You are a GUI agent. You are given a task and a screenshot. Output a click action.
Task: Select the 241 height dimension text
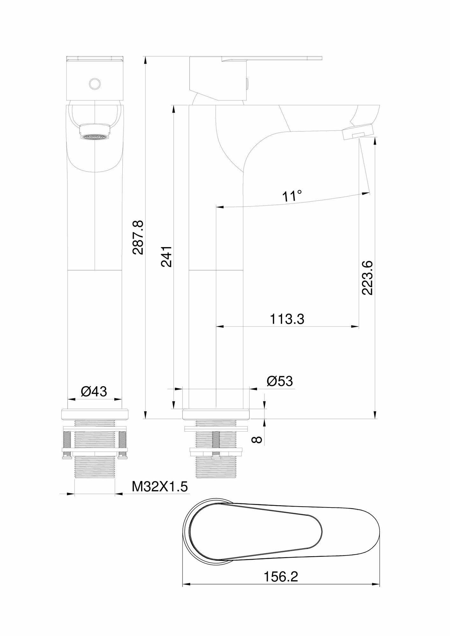coord(166,256)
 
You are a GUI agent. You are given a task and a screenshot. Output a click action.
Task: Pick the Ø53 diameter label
coord(280,381)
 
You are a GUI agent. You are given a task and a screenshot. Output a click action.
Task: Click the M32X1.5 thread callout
coord(160,495)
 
